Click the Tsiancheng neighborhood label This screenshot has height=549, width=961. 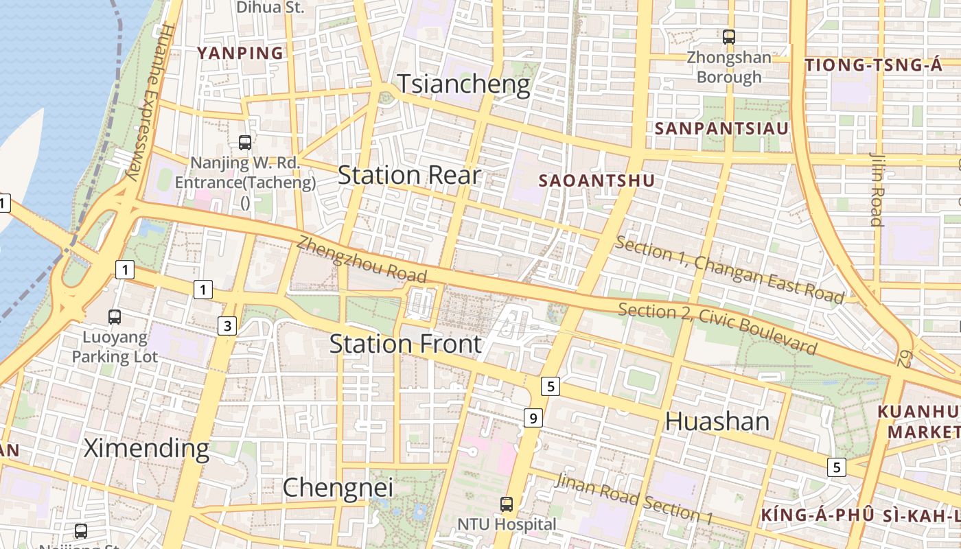coord(464,84)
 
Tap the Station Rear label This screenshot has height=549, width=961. coord(410,175)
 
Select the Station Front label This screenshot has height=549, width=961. coord(406,343)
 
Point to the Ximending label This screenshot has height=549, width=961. coord(146,448)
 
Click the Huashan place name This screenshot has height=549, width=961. coord(717,421)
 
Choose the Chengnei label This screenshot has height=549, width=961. coord(338,487)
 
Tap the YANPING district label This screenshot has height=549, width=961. coord(240,53)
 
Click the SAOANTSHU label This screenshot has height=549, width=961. coord(597,180)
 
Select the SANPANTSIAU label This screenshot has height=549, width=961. coord(721,128)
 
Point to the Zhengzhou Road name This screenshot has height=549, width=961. coord(362,259)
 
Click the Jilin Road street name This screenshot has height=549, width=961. coord(876,189)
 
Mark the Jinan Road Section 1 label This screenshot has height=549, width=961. coord(634,498)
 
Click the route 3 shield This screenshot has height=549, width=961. coord(228,325)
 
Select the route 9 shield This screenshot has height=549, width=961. coord(533,417)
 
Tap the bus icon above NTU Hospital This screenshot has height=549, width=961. coord(507,504)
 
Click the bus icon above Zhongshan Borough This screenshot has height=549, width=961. coord(729,37)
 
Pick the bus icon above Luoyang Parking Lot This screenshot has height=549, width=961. coord(115,317)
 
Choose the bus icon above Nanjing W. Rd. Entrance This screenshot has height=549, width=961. coord(245,143)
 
